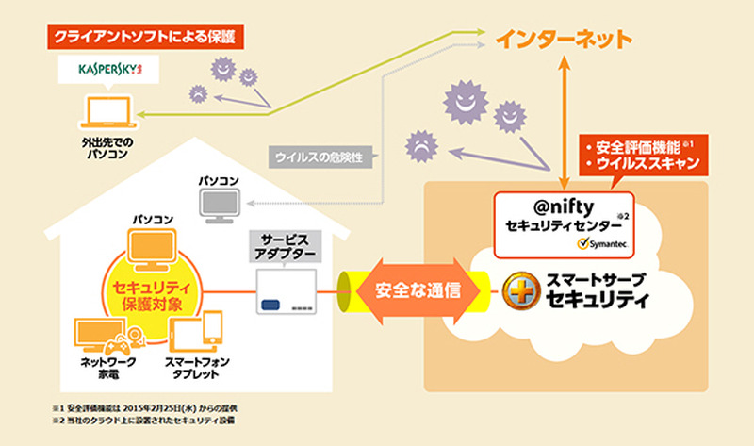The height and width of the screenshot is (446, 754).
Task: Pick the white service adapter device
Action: pos(288,292)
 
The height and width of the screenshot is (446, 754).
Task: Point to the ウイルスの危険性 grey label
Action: pos(321,157)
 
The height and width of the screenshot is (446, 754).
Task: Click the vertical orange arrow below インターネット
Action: pos(566,118)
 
